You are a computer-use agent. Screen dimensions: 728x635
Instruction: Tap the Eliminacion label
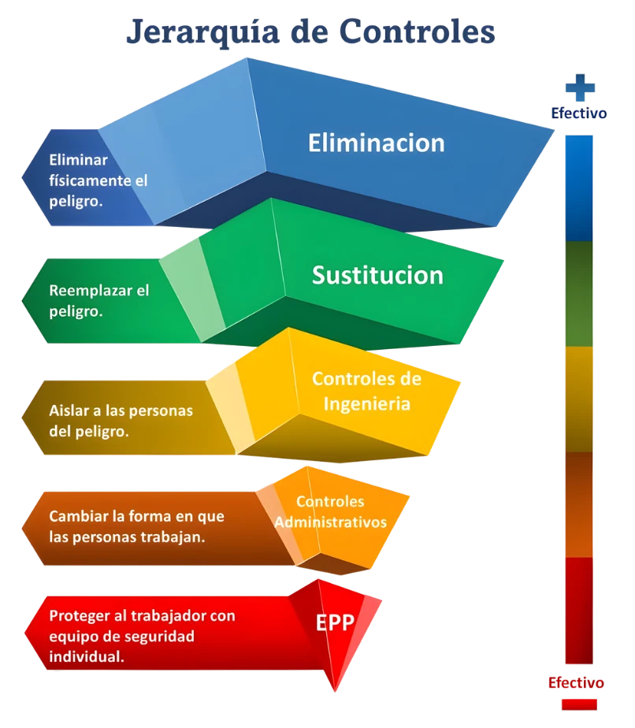[376, 143]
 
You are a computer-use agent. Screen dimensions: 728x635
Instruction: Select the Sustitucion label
[377, 276]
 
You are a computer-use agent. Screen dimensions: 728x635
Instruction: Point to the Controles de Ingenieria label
[366, 391]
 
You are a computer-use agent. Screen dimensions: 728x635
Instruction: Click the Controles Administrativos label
[330, 511]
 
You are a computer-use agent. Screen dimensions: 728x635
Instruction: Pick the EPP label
[335, 622]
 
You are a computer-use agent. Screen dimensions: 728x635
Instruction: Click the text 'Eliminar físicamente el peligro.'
[98, 179]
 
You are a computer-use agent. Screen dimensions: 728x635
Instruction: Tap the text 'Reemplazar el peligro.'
[98, 300]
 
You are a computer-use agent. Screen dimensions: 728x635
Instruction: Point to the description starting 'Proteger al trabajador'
[142, 635]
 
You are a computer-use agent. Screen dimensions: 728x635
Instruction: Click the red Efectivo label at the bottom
[577, 682]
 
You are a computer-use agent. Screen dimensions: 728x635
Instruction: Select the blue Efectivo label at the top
[580, 113]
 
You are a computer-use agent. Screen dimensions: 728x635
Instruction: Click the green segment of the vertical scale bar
[579, 293]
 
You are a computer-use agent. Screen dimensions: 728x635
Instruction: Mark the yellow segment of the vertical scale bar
[579, 398]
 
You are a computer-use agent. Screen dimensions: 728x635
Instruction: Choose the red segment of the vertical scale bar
[579, 611]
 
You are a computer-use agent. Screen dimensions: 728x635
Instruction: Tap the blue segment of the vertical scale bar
[579, 187]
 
